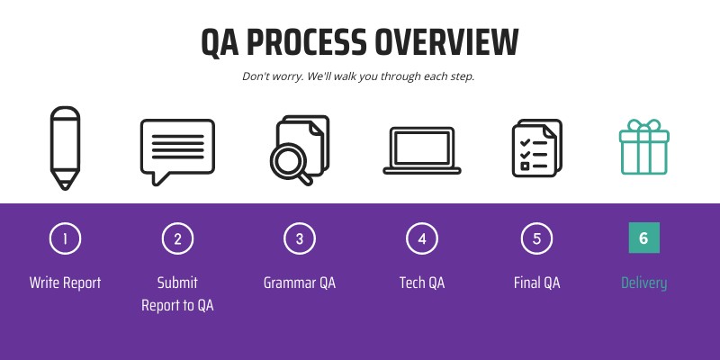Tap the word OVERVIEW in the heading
click(446, 42)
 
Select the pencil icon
click(65, 148)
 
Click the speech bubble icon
click(177, 149)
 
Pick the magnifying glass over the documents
click(290, 161)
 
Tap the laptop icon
click(421, 149)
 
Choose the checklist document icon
click(536, 147)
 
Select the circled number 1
click(65, 238)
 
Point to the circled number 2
click(177, 238)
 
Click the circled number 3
click(300, 238)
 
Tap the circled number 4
click(421, 238)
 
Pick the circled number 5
click(536, 238)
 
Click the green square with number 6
click(643, 238)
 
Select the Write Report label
click(65, 283)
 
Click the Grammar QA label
click(300, 283)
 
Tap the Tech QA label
click(421, 283)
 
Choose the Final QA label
click(536, 283)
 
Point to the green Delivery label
click(643, 283)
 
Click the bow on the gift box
click(643, 126)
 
